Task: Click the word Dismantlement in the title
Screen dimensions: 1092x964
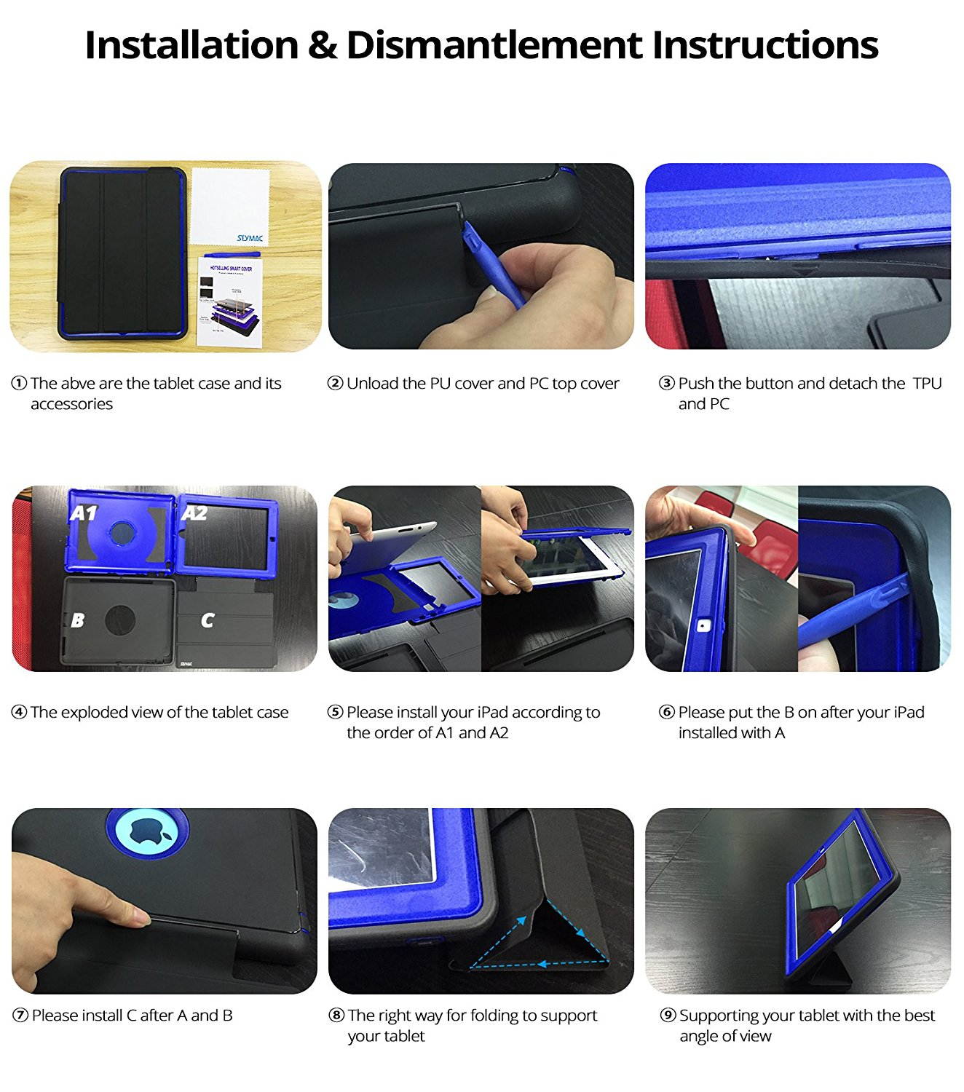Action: point(494,45)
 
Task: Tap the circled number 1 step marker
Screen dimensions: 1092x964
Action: point(19,384)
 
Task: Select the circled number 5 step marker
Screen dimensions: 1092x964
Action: point(335,713)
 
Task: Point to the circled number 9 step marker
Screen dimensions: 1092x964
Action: point(668,1016)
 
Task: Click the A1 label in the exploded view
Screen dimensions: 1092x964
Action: point(84,514)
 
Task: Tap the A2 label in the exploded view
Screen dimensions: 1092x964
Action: point(194,514)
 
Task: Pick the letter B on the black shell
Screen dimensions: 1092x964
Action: point(77,620)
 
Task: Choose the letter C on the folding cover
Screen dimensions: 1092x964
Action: point(208,620)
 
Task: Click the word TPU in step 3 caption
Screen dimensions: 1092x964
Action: point(927,384)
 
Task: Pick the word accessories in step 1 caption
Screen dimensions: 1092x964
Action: point(71,404)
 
